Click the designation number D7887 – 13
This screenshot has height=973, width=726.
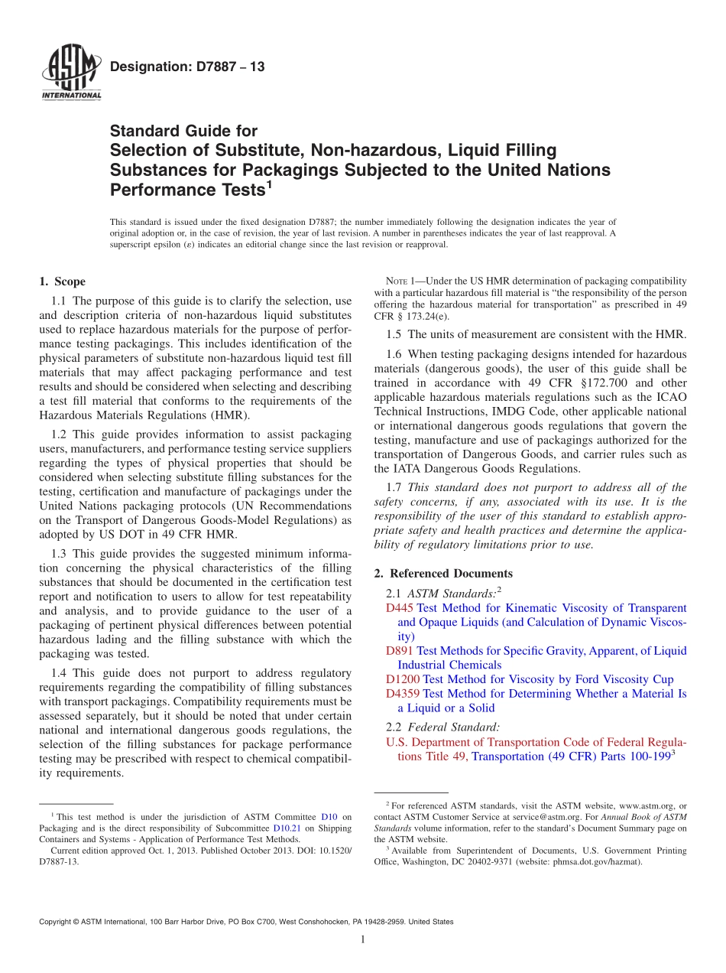pyautogui.click(x=187, y=67)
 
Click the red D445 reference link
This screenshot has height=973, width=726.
pyautogui.click(x=400, y=608)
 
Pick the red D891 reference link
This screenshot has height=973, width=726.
pyautogui.click(x=400, y=651)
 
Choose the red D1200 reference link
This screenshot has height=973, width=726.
pyautogui.click(x=403, y=679)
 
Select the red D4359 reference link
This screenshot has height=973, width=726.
pyautogui.click(x=403, y=694)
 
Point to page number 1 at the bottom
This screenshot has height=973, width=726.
pyautogui.click(x=363, y=939)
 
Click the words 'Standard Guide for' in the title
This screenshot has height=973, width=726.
pyautogui.click(x=183, y=131)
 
